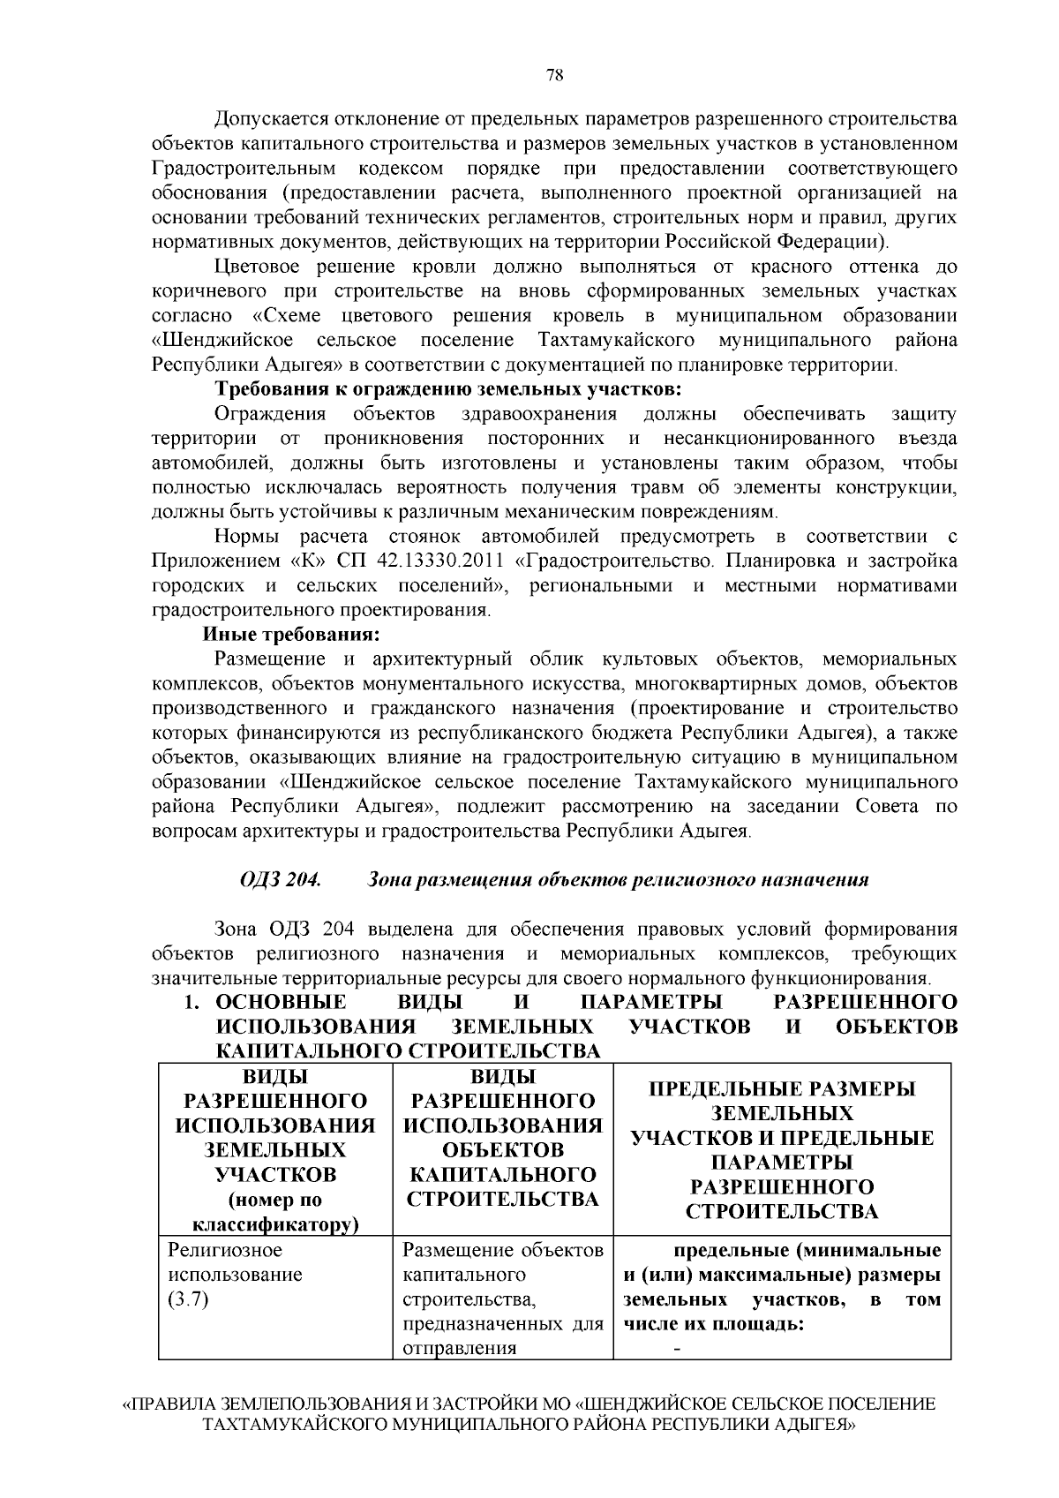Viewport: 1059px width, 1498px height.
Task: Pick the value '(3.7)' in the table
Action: [x=187, y=1299]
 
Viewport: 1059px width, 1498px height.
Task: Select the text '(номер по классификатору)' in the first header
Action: [x=275, y=1212]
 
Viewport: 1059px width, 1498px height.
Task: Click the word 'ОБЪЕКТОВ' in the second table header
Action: [x=503, y=1149]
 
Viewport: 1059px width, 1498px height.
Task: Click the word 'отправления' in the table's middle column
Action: [x=459, y=1348]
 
